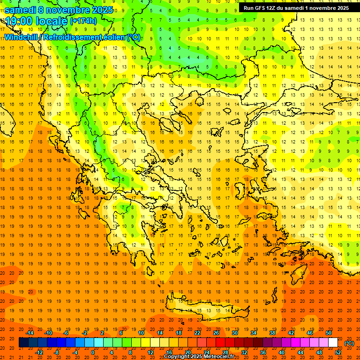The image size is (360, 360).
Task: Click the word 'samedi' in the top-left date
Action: (x=20, y=10)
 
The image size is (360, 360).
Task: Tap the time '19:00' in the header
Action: (x=19, y=21)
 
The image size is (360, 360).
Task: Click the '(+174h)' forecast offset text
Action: (x=83, y=21)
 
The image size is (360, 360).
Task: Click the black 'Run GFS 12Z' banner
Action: (x=296, y=8)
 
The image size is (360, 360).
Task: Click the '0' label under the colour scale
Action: (x=93, y=352)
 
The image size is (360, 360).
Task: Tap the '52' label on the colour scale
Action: (x=337, y=352)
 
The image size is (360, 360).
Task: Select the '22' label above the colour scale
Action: (x=197, y=333)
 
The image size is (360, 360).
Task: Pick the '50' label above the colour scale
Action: (x=329, y=333)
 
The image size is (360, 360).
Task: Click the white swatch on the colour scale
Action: (x=333, y=343)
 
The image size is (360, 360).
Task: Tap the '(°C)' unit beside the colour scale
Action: (x=349, y=343)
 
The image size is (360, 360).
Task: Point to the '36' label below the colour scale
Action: (x=263, y=352)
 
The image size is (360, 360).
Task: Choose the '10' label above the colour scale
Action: (x=141, y=333)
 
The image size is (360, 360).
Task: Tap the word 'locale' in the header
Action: (x=52, y=21)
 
